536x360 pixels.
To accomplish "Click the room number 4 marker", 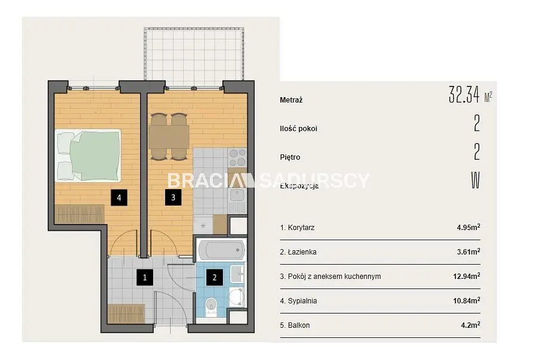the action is [x=119, y=198].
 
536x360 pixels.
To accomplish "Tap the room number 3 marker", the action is [x=173, y=197].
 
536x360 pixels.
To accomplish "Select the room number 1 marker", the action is [x=145, y=277].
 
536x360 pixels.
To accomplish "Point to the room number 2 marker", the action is [x=215, y=277].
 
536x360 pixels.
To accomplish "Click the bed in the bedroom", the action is [x=88, y=155].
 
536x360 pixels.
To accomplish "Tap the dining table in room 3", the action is [x=169, y=136].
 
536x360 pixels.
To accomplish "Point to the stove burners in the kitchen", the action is [x=237, y=157].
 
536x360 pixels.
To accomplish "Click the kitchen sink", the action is [x=237, y=195].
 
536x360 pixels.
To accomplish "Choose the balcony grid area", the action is [x=194, y=54].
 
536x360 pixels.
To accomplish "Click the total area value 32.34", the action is [x=464, y=94].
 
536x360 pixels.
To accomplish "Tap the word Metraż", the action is [x=291, y=100].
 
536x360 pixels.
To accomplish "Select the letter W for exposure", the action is [x=476, y=180].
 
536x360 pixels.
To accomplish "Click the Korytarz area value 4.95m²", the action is [x=469, y=227].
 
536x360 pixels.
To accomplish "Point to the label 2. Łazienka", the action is [x=298, y=252].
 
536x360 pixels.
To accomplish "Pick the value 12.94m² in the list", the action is [x=467, y=276].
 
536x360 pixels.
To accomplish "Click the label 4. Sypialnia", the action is [x=299, y=301].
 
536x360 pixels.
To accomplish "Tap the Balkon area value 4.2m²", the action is [x=470, y=325].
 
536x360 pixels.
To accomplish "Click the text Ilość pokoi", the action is [x=299, y=129].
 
